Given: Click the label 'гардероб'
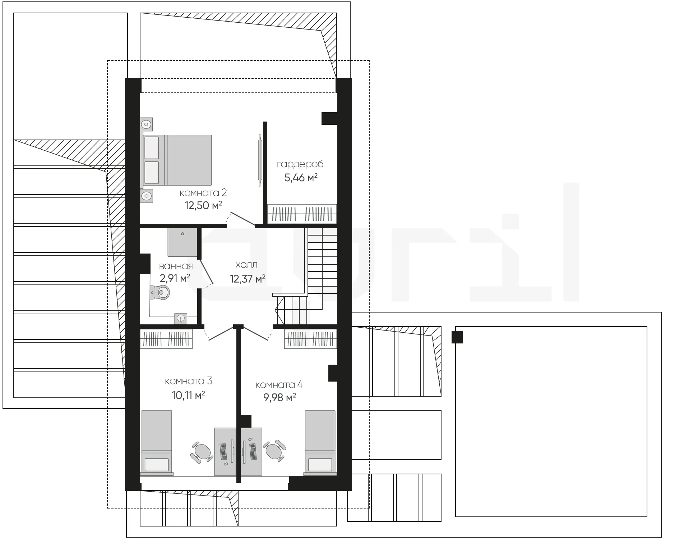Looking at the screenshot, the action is [300, 165].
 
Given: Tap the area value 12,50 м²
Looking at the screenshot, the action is [203, 205].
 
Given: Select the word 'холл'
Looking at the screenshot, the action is [246, 265].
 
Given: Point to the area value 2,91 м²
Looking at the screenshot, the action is [175, 278].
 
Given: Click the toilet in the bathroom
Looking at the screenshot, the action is [160, 292].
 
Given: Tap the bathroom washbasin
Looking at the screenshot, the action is [181, 318].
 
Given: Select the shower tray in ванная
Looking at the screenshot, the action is [182, 242].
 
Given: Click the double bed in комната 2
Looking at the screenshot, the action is [177, 160].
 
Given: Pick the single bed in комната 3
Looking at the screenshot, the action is [157, 443].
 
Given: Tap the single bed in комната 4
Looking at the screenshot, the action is [320, 443].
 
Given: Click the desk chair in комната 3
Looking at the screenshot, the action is [202, 452].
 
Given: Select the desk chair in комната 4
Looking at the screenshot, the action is [275, 450].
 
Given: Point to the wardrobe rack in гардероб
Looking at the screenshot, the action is [302, 214].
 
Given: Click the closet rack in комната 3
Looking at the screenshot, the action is [166, 339].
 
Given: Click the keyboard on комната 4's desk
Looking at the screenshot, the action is [253, 452].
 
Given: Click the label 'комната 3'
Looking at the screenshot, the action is [189, 381].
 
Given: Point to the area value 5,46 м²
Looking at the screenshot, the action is [301, 178].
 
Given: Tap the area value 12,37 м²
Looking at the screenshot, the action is [248, 279].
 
